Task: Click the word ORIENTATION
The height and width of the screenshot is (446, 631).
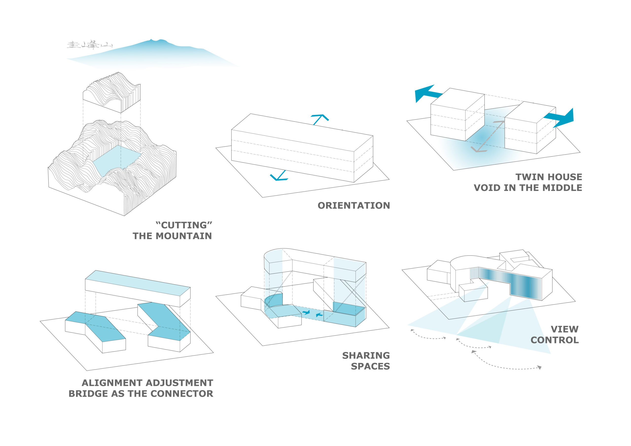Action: point(353,206)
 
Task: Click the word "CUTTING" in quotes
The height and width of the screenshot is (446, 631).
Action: point(184,225)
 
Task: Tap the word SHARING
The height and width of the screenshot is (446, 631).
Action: point(366,356)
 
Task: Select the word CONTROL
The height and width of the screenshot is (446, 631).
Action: point(554,340)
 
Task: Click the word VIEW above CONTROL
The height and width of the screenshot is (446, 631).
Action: point(564,329)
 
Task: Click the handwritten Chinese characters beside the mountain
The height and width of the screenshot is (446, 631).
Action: point(89,45)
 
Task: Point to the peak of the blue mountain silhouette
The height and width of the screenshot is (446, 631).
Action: point(151,40)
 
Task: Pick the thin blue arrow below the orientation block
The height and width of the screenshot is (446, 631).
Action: point(279,176)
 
